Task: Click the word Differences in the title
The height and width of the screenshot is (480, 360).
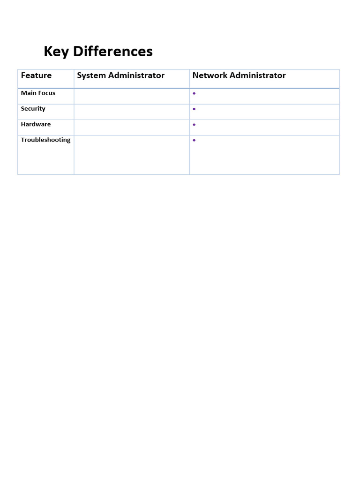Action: click(113, 52)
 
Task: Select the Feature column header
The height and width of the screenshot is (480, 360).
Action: click(36, 75)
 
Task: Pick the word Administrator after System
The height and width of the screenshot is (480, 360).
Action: click(136, 75)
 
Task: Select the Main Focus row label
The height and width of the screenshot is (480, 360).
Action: click(38, 93)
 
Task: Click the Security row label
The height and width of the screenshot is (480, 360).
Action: click(33, 109)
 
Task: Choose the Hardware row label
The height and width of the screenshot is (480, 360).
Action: click(36, 124)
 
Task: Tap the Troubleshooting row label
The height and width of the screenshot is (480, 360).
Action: click(45, 140)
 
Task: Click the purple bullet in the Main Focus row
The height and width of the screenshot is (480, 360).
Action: click(194, 94)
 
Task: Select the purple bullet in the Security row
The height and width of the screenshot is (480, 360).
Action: click(194, 109)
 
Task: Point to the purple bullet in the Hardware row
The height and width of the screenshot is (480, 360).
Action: click(194, 125)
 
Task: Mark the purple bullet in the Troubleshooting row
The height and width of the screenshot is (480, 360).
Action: click(194, 141)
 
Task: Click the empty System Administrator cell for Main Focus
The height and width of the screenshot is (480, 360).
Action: click(132, 96)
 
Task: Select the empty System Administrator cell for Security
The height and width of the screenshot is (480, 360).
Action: click(132, 112)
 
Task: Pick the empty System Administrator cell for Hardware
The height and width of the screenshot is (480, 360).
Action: click(132, 127)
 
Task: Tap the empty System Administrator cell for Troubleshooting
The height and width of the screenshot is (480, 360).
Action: click(132, 155)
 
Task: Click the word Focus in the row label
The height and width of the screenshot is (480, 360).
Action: click(47, 93)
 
